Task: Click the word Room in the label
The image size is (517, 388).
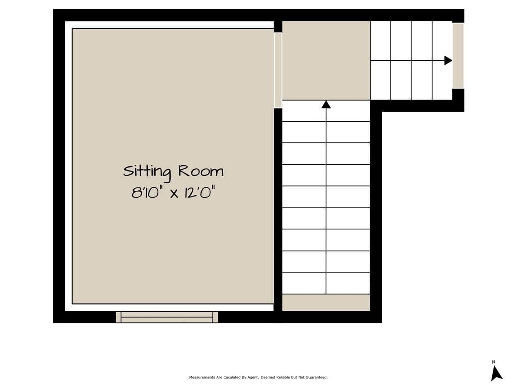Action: click(x=201, y=171)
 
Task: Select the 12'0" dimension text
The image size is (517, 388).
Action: click(x=200, y=192)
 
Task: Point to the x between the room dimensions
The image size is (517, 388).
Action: click(x=174, y=193)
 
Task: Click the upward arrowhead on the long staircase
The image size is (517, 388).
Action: click(x=326, y=104)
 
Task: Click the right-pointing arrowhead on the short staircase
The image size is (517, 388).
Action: click(x=448, y=61)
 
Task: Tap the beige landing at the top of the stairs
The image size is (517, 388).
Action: click(x=326, y=61)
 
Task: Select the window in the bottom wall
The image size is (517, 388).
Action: click(x=167, y=317)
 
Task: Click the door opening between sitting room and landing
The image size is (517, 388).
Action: click(x=278, y=70)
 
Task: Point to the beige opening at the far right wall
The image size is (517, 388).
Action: click(x=458, y=56)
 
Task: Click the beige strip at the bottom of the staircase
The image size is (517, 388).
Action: click(x=326, y=303)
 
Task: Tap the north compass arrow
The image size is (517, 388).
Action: click(x=496, y=373)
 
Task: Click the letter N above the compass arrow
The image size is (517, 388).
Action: click(x=494, y=362)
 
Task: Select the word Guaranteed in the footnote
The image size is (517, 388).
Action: click(x=318, y=377)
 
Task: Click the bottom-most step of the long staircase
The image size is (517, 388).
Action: click(x=326, y=283)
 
